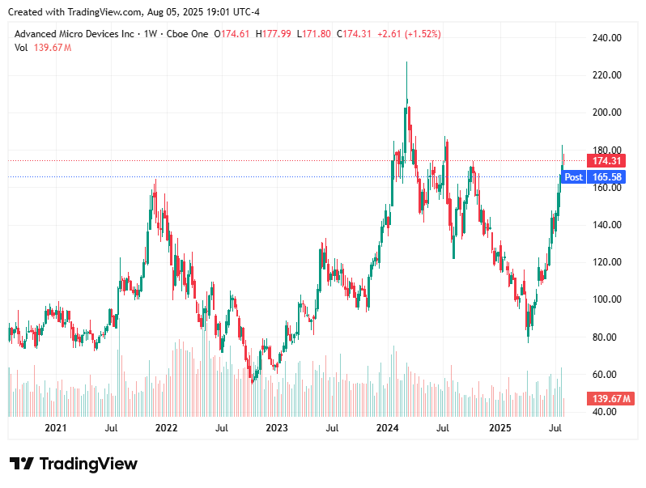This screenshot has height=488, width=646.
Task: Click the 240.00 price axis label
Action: tap(606, 38)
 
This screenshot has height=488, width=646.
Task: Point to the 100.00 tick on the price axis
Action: tap(606, 299)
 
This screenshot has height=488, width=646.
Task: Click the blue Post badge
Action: tap(573, 176)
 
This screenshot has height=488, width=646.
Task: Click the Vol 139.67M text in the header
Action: tap(43, 48)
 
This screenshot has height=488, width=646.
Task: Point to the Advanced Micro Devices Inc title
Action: tap(74, 34)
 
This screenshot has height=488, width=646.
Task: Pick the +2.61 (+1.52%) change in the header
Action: tap(409, 34)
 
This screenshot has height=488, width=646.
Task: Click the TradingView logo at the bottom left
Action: tap(74, 464)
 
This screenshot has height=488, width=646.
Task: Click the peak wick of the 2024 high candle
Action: tap(406, 63)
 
